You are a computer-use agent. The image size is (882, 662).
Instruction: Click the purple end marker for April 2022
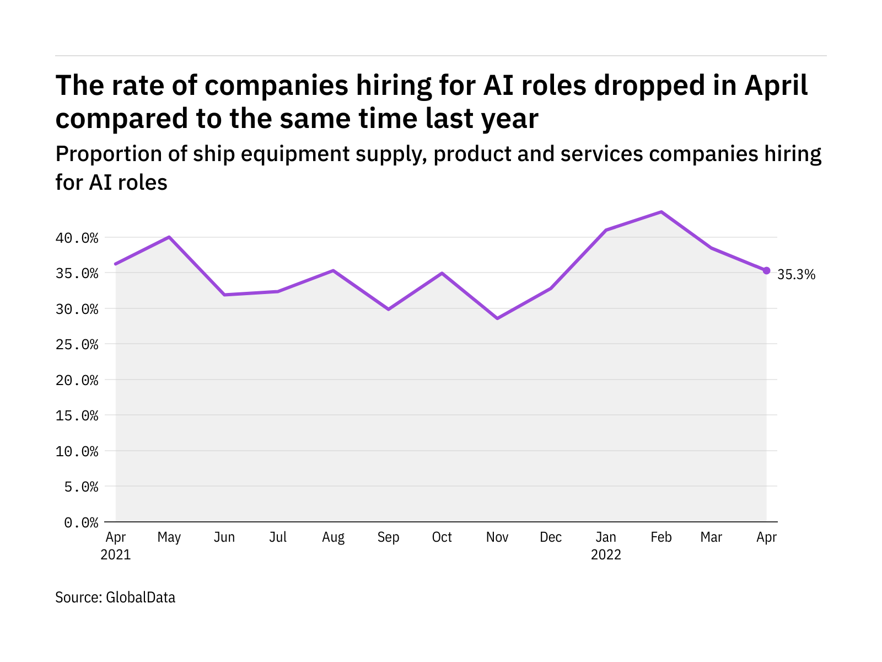coord(766,270)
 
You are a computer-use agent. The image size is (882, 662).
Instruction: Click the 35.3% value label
coord(795,275)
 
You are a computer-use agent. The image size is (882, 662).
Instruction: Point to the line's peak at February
coord(661,212)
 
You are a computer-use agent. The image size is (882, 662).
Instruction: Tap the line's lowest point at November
coord(497,318)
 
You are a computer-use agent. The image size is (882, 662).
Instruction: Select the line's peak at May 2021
coord(169,237)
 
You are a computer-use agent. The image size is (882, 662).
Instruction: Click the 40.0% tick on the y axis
coord(77,238)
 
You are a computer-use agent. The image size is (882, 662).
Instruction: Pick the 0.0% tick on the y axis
coord(81,522)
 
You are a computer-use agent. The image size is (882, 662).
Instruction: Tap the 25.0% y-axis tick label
coord(77,345)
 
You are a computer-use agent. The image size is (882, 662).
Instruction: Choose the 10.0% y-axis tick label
coord(77,451)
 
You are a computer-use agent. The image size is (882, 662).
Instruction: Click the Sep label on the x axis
coord(388,537)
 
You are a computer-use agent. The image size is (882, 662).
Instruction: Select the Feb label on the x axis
coord(661,537)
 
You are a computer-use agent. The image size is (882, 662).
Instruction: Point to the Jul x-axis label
coord(278,537)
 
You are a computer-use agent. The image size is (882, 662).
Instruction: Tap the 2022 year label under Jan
coord(606,555)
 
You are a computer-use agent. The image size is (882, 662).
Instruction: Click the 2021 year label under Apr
coord(116,555)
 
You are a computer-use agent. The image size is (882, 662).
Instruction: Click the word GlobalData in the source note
coord(141,597)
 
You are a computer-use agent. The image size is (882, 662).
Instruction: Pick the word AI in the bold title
coord(499,86)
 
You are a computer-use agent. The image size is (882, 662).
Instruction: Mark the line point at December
coord(551,288)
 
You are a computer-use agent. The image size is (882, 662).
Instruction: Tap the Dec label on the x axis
coord(551,537)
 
